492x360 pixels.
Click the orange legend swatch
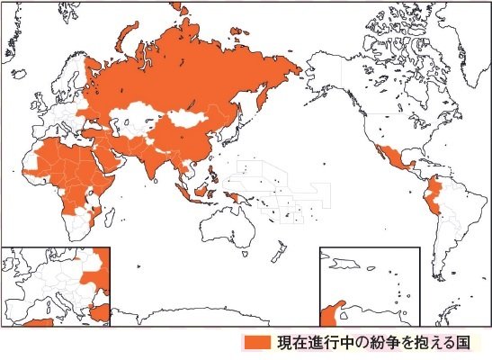click(x=256, y=343)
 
